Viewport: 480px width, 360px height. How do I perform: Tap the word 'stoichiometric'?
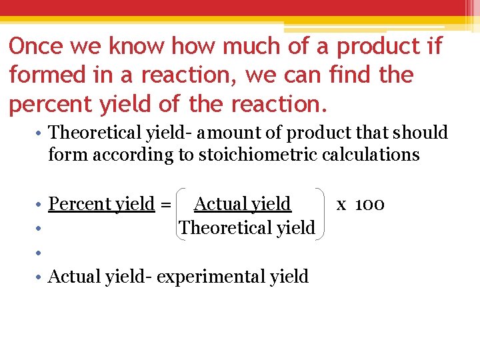262,155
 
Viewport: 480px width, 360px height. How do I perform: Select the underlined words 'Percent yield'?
102,203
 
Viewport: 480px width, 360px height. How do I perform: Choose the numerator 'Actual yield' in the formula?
243,203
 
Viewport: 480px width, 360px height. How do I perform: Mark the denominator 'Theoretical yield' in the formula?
247,227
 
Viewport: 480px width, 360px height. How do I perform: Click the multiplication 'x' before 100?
341,205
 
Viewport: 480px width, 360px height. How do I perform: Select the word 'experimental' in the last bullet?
211,276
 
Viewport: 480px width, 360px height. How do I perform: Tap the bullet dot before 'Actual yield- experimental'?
40,277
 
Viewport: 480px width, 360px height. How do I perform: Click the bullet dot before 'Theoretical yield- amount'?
40,133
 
